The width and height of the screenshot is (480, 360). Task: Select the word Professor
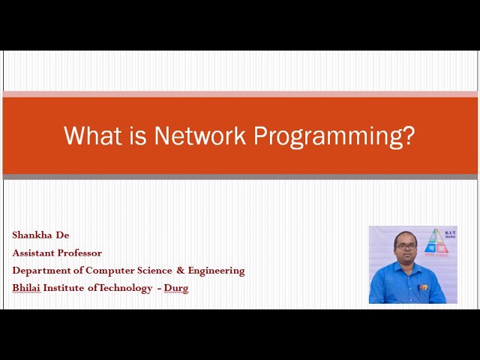82,253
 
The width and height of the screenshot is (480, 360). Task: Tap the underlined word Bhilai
26,288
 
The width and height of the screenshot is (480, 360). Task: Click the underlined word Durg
176,288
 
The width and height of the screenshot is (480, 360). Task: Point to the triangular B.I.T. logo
435,242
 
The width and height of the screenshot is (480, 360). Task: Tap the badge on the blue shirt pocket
423,286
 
